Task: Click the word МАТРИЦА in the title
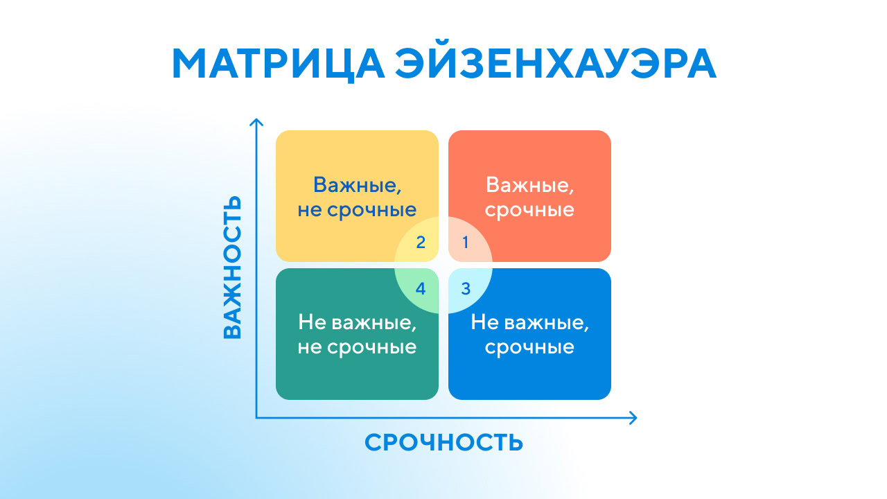[277, 64]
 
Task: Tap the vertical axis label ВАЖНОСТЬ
[233, 267]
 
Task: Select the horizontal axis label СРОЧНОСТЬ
[443, 442]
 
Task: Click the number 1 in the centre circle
[466, 243]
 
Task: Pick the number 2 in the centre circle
[421, 243]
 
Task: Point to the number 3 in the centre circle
[466, 288]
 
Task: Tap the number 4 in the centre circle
[421, 288]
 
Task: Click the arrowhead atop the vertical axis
[256, 123]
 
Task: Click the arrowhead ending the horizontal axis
[632, 417]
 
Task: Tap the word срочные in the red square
[529, 209]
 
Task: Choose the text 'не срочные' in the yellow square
[357, 209]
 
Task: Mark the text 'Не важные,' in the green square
[357, 322]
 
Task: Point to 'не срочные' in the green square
[357, 347]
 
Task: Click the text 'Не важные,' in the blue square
[529, 322]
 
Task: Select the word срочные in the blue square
[529, 347]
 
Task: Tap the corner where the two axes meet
[256, 417]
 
